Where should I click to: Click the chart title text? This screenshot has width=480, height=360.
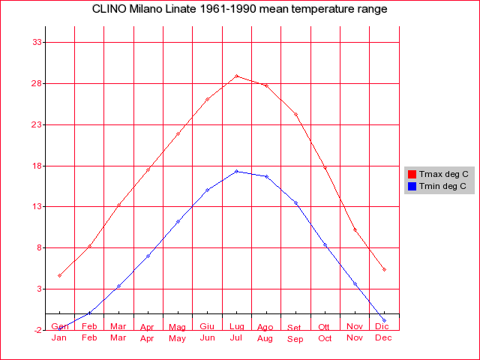point(240,10)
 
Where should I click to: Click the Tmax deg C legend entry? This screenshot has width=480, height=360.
point(443,174)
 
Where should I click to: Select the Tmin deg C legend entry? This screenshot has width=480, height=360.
point(442,186)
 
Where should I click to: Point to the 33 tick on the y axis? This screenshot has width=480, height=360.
point(34,42)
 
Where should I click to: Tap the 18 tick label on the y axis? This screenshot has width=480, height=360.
point(34,166)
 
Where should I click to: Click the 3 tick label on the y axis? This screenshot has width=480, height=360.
point(37,289)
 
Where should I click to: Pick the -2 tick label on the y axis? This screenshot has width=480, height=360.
point(34,330)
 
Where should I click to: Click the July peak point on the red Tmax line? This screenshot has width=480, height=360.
point(236,76)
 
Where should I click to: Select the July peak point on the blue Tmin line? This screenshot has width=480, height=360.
point(236,171)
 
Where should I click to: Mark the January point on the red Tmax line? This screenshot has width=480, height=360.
point(59,275)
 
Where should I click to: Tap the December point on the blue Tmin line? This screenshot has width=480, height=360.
point(384,320)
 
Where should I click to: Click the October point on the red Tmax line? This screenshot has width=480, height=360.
point(325,167)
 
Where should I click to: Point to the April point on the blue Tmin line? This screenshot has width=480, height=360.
point(148,256)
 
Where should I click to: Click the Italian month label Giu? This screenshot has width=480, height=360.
point(207,326)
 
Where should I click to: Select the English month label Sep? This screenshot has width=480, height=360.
point(295,339)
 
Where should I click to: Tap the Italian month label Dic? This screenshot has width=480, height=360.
point(382,326)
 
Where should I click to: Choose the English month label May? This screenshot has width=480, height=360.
point(178,338)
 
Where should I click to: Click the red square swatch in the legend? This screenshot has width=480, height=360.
point(412,174)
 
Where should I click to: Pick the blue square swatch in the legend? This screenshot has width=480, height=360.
point(412,186)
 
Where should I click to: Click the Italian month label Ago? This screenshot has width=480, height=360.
point(265,327)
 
